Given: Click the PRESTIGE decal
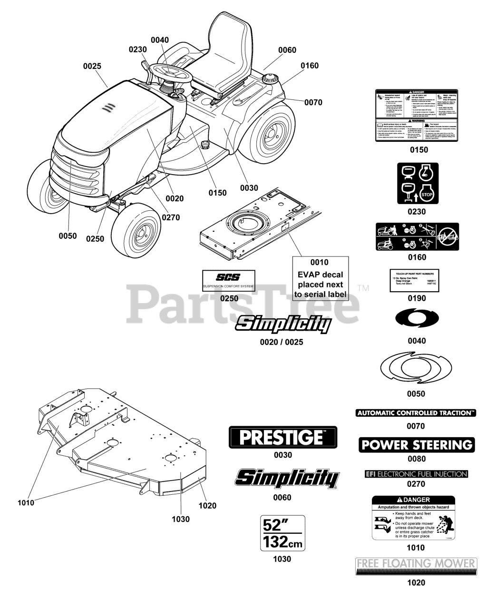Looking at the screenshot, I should coord(283,437).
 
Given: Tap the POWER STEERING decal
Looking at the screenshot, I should coord(417,445).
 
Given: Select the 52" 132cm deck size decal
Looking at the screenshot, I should coord(282,533).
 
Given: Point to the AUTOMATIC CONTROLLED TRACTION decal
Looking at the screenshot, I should coord(416,413).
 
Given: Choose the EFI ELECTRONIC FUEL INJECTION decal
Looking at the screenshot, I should coord(416,474).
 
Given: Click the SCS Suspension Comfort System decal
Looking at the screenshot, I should coord(229,281).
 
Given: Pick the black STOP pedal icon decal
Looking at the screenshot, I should coord(418,184).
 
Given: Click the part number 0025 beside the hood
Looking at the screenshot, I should coord(92,66).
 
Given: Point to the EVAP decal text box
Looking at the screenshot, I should coord(320,279).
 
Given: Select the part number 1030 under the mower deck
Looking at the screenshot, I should coord(181,519).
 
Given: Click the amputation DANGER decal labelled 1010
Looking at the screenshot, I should coord(413,518).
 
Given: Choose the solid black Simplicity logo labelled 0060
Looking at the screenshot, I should coord(287,479).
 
